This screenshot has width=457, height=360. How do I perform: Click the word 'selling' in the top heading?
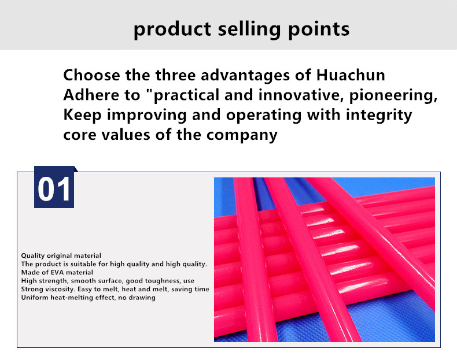[x=249, y=29]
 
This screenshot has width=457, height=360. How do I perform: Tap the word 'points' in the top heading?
[x=319, y=29]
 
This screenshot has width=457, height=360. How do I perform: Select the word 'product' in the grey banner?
[x=172, y=29]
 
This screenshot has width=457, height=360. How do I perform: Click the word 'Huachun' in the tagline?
[x=351, y=75]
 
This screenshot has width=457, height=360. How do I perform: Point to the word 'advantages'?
[x=245, y=75]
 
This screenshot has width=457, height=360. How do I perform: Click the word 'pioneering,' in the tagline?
[x=393, y=95]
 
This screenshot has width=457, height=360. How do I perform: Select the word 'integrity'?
[x=378, y=115]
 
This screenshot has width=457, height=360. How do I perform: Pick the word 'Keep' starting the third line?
[x=83, y=115]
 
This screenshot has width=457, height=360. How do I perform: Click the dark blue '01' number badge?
[x=54, y=187]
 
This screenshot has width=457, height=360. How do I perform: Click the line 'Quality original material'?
[x=61, y=255]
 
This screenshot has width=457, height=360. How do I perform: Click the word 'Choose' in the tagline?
[x=91, y=75]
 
